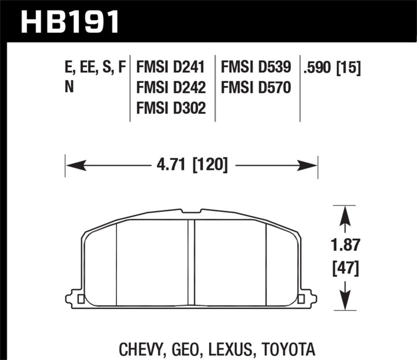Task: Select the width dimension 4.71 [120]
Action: pos(192,166)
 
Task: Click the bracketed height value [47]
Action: pos(345,269)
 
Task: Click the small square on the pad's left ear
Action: pos(80,299)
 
